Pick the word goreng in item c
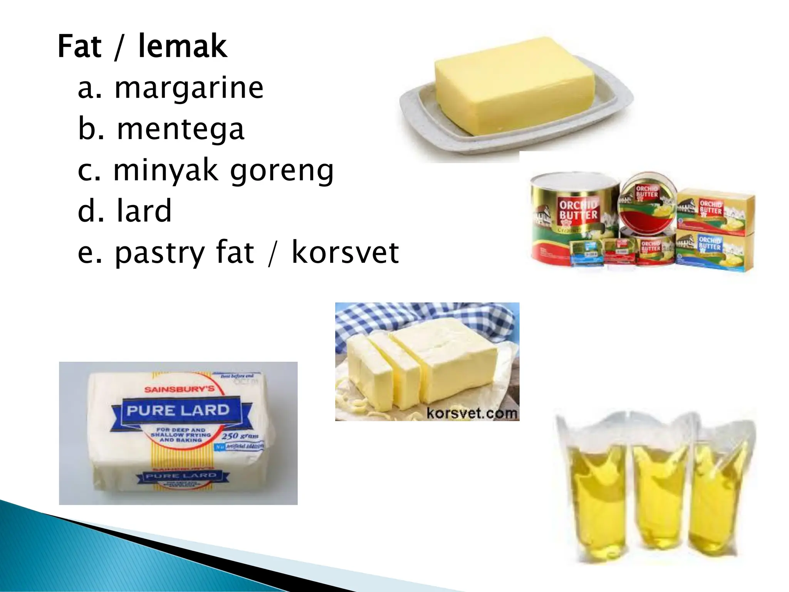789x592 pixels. (x=282, y=171)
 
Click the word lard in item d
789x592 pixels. (x=143, y=211)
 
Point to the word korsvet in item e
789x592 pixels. (x=345, y=253)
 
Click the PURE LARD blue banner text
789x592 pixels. (x=178, y=410)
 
